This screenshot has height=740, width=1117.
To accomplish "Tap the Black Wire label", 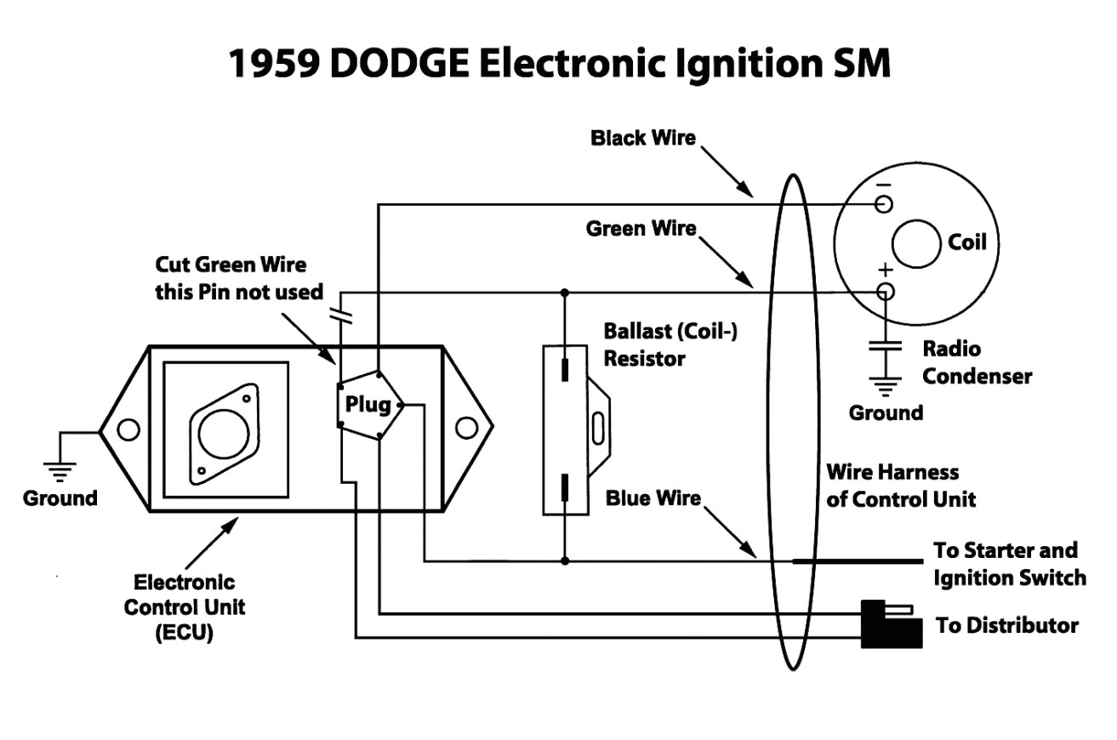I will [642, 138].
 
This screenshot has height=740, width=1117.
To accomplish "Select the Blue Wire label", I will [653, 498].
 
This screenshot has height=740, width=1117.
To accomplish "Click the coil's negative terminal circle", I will [885, 204].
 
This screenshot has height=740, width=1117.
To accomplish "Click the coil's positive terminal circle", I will [885, 292].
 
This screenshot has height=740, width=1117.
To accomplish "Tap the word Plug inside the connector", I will [368, 404].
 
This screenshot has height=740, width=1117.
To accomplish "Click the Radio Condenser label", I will [976, 362].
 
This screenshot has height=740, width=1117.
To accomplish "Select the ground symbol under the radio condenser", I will [885, 388].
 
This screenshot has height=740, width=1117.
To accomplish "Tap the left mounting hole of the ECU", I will [128, 430].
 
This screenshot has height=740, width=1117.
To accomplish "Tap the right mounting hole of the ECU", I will [465, 428].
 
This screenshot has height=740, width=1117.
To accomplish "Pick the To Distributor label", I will [1006, 626].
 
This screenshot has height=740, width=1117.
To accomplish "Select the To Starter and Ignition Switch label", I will [1009, 564].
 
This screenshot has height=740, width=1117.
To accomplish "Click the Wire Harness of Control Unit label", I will [900, 485].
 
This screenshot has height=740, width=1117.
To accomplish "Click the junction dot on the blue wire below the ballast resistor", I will [564, 561].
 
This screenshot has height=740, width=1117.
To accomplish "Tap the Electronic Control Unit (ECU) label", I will [184, 607].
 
